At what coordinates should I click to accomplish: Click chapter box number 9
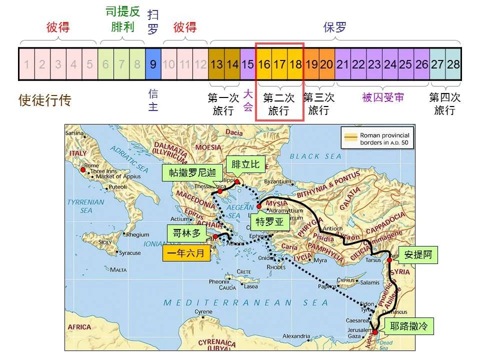(153, 64)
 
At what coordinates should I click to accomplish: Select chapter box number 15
(247, 64)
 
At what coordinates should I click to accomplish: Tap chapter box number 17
(279, 64)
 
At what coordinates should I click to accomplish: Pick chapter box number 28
(453, 64)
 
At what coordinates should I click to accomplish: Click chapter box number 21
(342, 64)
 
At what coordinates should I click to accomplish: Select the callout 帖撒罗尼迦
(192, 173)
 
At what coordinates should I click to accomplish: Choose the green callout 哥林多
(183, 233)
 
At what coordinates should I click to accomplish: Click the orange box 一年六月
(186, 253)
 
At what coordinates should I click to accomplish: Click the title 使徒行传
(45, 100)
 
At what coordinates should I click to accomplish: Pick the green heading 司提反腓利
(122, 19)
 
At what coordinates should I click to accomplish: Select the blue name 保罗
(335, 27)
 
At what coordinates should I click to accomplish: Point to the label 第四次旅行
(444, 103)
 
